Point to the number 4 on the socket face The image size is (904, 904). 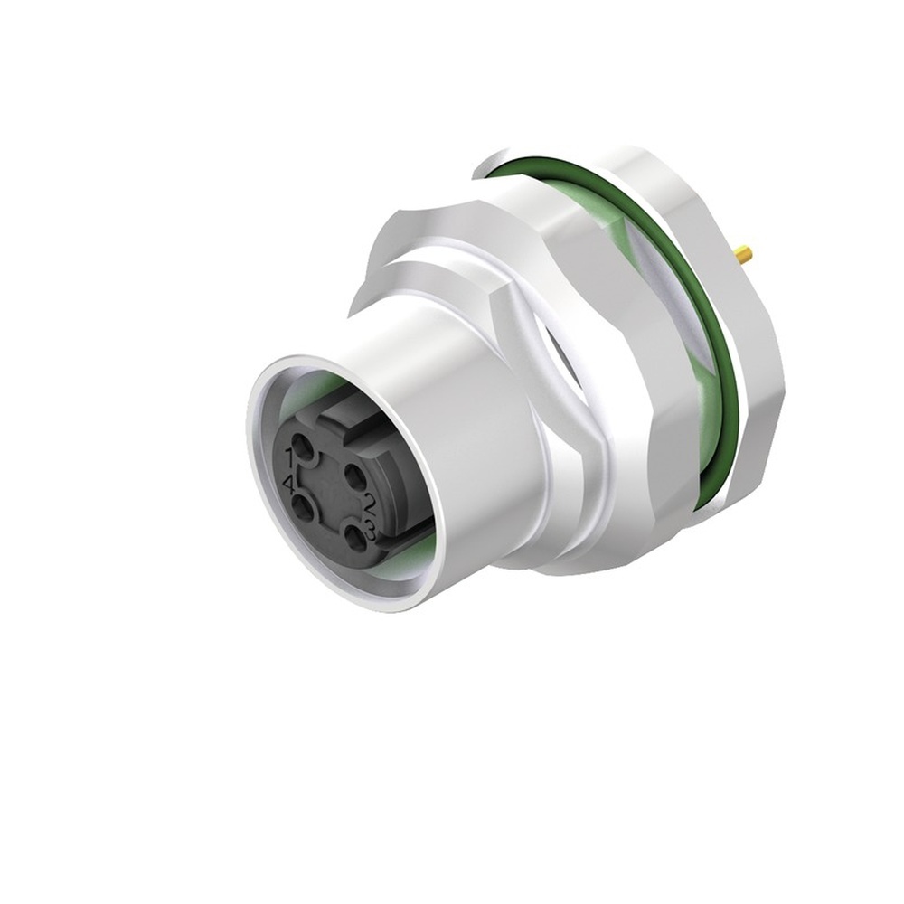point(288,485)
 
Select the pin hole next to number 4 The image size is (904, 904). point(305,512)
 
